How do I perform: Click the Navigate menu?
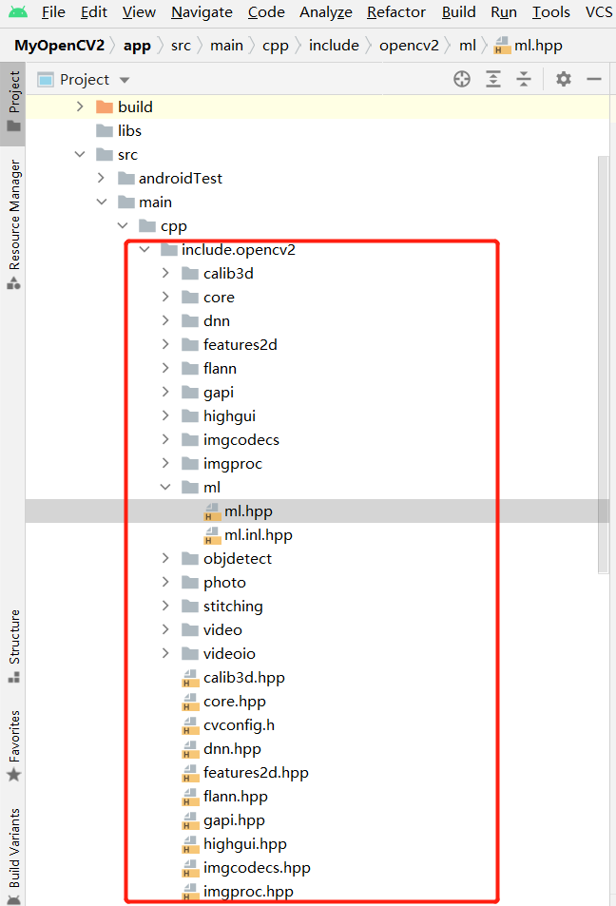click(x=202, y=12)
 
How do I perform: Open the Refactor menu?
click(x=395, y=12)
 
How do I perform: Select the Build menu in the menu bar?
click(x=459, y=12)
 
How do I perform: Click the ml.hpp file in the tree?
click(x=248, y=511)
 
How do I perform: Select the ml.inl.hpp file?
click(x=258, y=535)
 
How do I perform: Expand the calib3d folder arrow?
click(x=165, y=274)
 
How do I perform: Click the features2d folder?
click(x=240, y=345)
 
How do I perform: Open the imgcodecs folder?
click(x=241, y=440)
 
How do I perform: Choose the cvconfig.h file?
click(x=239, y=725)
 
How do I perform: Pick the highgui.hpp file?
click(x=244, y=844)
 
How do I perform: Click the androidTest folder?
click(x=180, y=179)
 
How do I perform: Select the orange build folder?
click(x=135, y=107)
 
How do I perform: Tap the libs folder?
click(x=129, y=131)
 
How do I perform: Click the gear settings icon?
click(x=564, y=80)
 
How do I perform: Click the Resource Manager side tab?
click(x=13, y=223)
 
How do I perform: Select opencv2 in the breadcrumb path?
click(x=409, y=46)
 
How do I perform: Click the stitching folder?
click(x=233, y=607)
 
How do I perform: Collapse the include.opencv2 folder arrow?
click(x=144, y=250)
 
